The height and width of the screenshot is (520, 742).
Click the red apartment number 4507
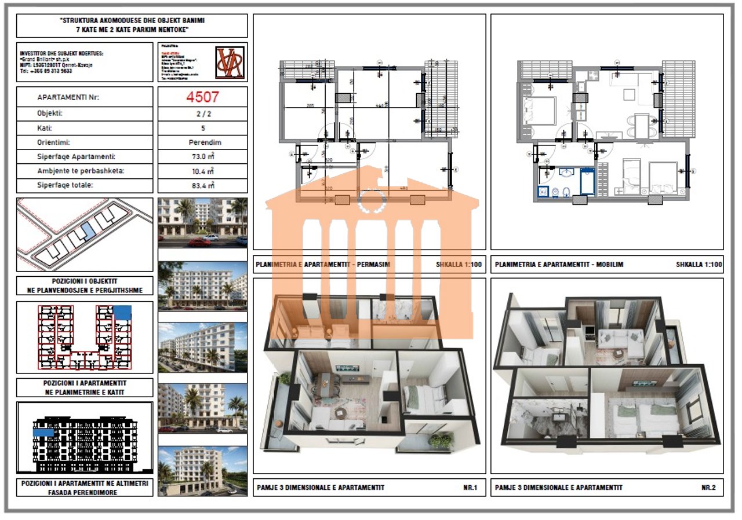[202, 97]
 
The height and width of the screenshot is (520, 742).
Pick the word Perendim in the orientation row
[202, 142]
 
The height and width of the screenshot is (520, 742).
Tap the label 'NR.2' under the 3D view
[708, 488]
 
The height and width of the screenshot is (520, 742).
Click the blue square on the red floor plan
[122, 312]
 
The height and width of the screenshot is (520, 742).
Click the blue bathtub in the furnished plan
[587, 181]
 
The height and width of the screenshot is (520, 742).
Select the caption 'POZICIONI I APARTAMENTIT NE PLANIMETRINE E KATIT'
[85, 387]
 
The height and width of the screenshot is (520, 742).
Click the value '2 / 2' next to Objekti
[202, 113]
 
